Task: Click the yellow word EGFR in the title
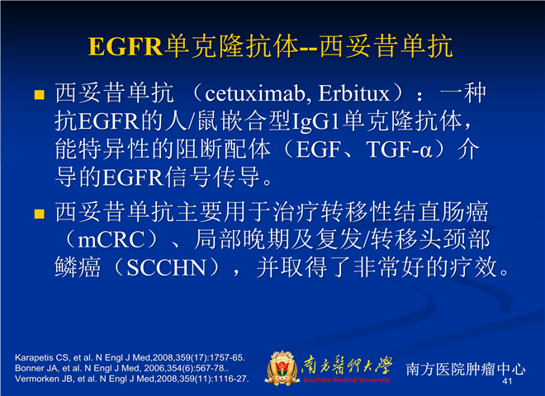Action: click(126, 46)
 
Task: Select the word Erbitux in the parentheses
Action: click(353, 93)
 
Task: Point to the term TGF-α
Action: click(399, 149)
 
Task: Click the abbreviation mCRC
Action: click(111, 240)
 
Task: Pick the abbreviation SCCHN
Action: click(166, 268)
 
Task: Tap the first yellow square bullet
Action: click(40, 95)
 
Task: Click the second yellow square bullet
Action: click(40, 214)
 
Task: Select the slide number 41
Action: click(507, 381)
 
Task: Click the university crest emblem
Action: click(282, 368)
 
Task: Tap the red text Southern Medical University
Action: click(347, 380)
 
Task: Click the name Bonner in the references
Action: click(26, 368)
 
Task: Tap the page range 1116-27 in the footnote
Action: click(232, 379)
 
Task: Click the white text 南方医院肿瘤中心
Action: click(466, 369)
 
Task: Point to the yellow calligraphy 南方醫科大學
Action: click(347, 365)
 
